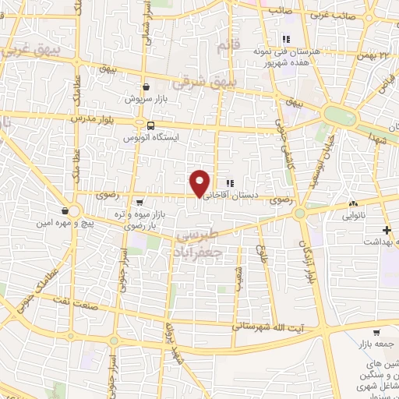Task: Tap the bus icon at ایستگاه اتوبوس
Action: coord(146,125)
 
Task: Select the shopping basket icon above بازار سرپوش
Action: coord(146,87)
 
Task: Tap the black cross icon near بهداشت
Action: coord(387,229)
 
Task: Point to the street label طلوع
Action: coord(263,254)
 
